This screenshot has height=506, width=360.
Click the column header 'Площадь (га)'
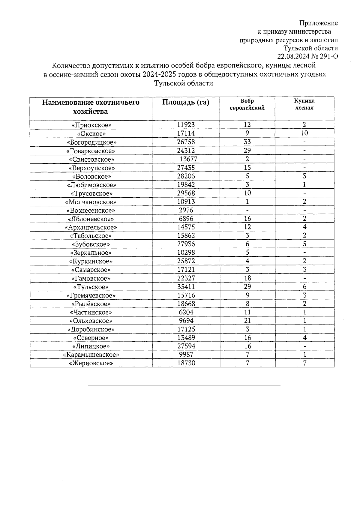(x=186, y=103)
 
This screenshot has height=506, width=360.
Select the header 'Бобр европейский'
(x=247, y=105)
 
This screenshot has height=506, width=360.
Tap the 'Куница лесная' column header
(x=304, y=105)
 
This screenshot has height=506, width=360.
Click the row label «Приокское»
(x=91, y=125)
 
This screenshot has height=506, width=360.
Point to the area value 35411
(x=186, y=287)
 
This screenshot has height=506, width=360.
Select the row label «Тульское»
(x=91, y=287)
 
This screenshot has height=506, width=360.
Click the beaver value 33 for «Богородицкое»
(x=247, y=142)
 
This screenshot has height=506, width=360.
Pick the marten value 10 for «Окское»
(x=304, y=133)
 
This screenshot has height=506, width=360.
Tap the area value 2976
(x=186, y=210)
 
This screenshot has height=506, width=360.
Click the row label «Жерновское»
(x=91, y=364)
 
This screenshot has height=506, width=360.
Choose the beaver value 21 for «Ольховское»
(x=247, y=321)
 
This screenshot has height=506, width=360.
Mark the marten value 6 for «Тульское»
(x=304, y=287)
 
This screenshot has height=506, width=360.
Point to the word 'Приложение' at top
(x=319, y=23)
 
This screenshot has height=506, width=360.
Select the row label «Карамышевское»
(x=91, y=355)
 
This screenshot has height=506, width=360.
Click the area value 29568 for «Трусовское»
(x=186, y=193)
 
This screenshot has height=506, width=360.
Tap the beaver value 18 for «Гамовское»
(x=247, y=278)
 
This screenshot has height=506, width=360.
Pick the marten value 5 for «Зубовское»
(x=304, y=244)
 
